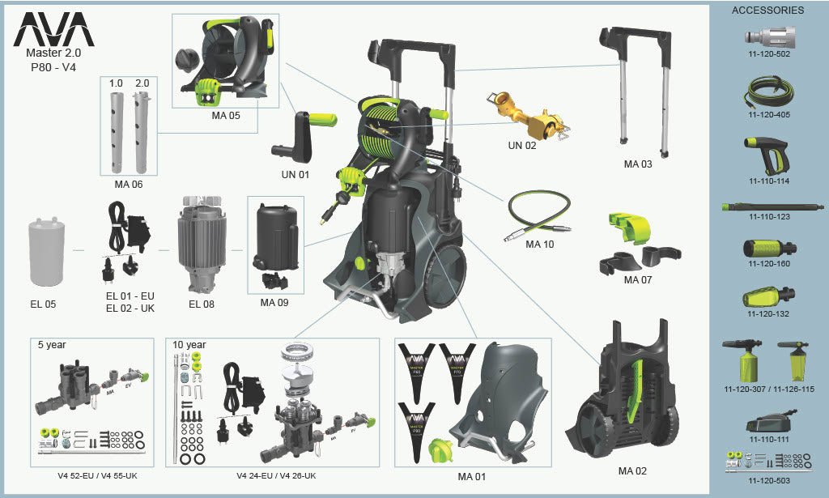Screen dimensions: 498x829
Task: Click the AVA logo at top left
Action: click(53, 30)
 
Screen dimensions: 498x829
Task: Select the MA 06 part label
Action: click(128, 184)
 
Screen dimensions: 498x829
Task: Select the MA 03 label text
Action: click(637, 164)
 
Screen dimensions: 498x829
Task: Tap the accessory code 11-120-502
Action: click(769, 54)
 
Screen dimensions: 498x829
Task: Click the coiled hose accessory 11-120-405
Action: click(769, 91)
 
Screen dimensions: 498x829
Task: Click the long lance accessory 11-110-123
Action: click(768, 207)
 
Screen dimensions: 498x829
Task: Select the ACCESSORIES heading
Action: click(767, 11)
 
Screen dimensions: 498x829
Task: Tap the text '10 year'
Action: click(189, 344)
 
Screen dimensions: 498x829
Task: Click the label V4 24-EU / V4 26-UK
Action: click(276, 476)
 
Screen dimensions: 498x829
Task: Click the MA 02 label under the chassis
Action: click(632, 471)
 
